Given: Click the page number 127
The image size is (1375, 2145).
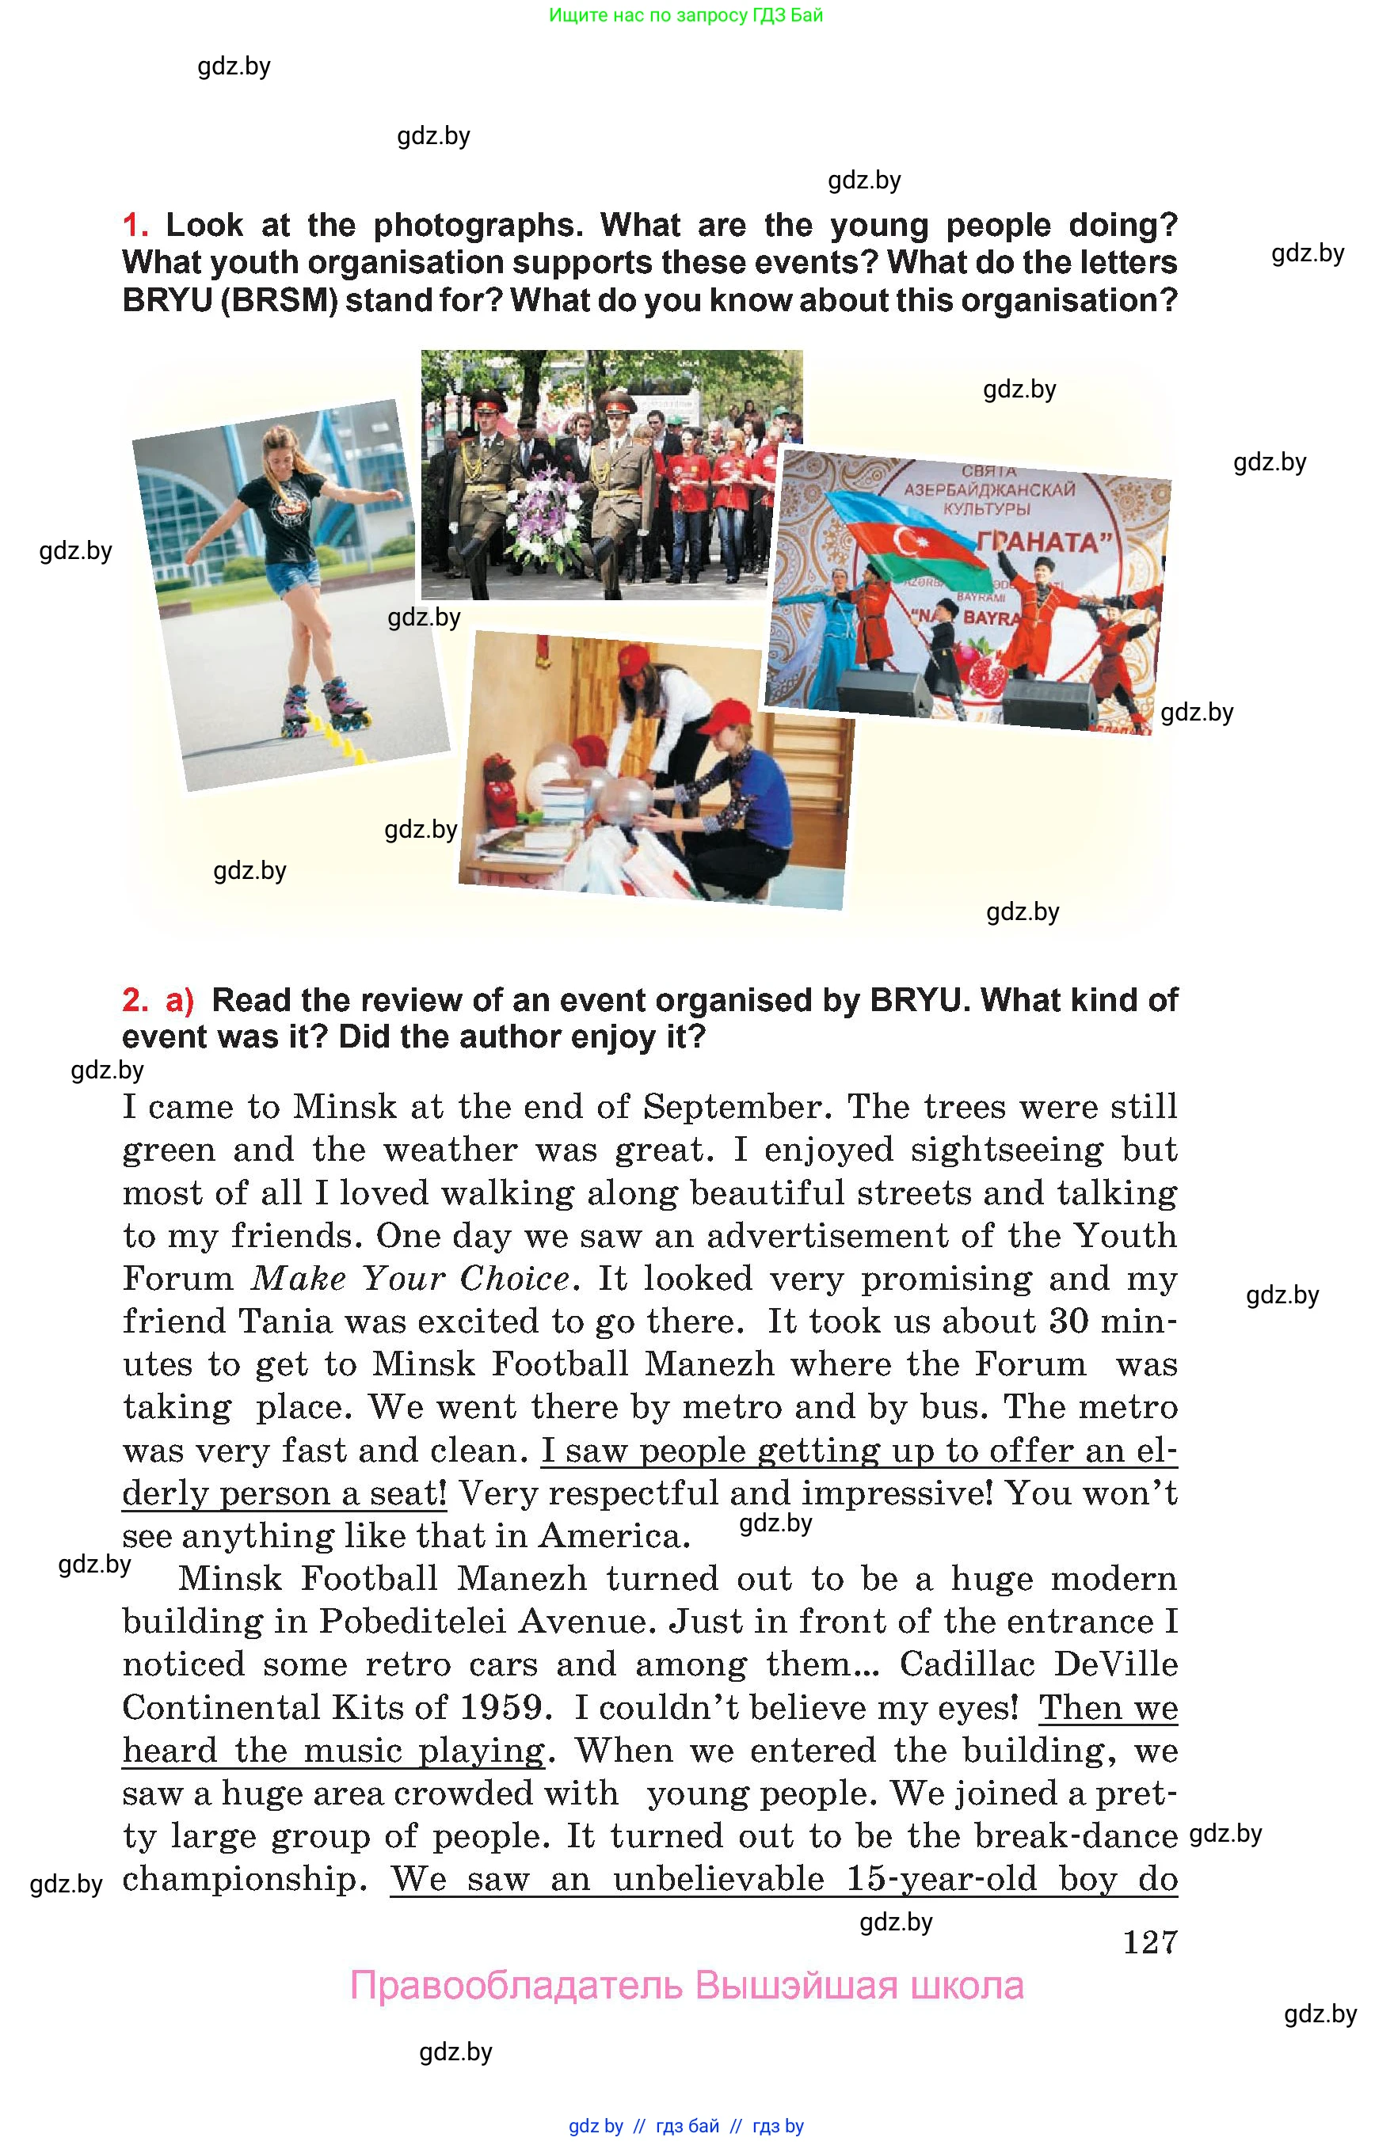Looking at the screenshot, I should point(1150,1942).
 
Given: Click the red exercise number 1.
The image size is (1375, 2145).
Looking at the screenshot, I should point(133,225).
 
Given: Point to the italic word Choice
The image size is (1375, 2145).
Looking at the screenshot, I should point(515,1279).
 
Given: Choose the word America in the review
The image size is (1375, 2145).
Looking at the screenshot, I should point(615,1536).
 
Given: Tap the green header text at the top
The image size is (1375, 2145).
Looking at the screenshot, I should point(686,15).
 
